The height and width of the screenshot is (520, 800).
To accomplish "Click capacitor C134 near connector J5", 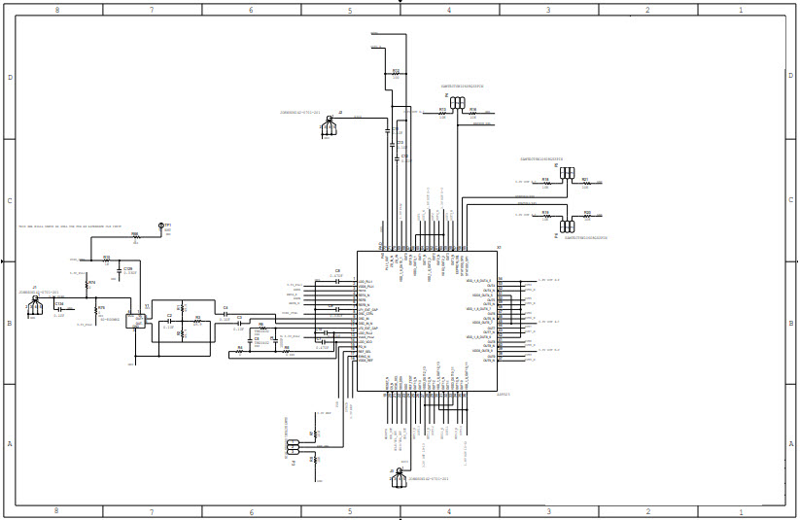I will [x=59, y=308].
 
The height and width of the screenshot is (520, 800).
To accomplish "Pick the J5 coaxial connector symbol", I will [x=35, y=305].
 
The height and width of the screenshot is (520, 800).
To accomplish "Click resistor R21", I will [x=586, y=182].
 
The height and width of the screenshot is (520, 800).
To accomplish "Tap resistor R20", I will [x=586, y=215].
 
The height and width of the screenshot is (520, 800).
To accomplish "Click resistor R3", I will [x=197, y=320].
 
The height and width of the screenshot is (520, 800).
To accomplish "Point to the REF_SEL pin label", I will [x=365, y=352].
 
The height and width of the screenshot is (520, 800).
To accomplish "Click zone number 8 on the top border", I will [x=56, y=10].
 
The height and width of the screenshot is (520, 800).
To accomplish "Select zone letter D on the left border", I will [x=10, y=77].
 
